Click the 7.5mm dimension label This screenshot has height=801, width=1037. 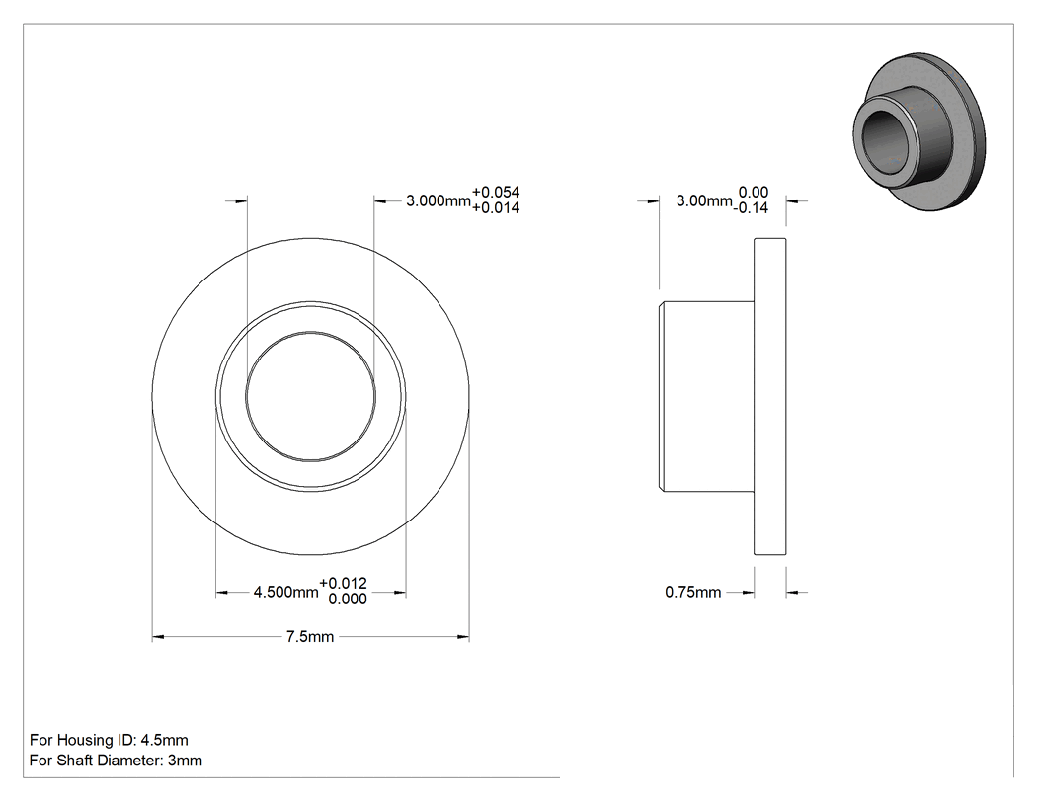click(309, 636)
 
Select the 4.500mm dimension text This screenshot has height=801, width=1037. click(285, 592)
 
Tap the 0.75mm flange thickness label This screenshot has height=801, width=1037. click(692, 592)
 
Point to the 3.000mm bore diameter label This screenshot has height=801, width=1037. click(438, 200)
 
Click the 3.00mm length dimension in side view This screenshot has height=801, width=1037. click(704, 200)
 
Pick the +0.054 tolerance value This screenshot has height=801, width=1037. click(496, 192)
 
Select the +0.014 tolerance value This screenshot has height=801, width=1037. click(496, 207)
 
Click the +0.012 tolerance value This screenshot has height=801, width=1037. click(343, 583)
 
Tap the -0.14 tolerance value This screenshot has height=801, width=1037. click(751, 207)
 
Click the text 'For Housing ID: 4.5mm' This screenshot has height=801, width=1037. click(109, 740)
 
